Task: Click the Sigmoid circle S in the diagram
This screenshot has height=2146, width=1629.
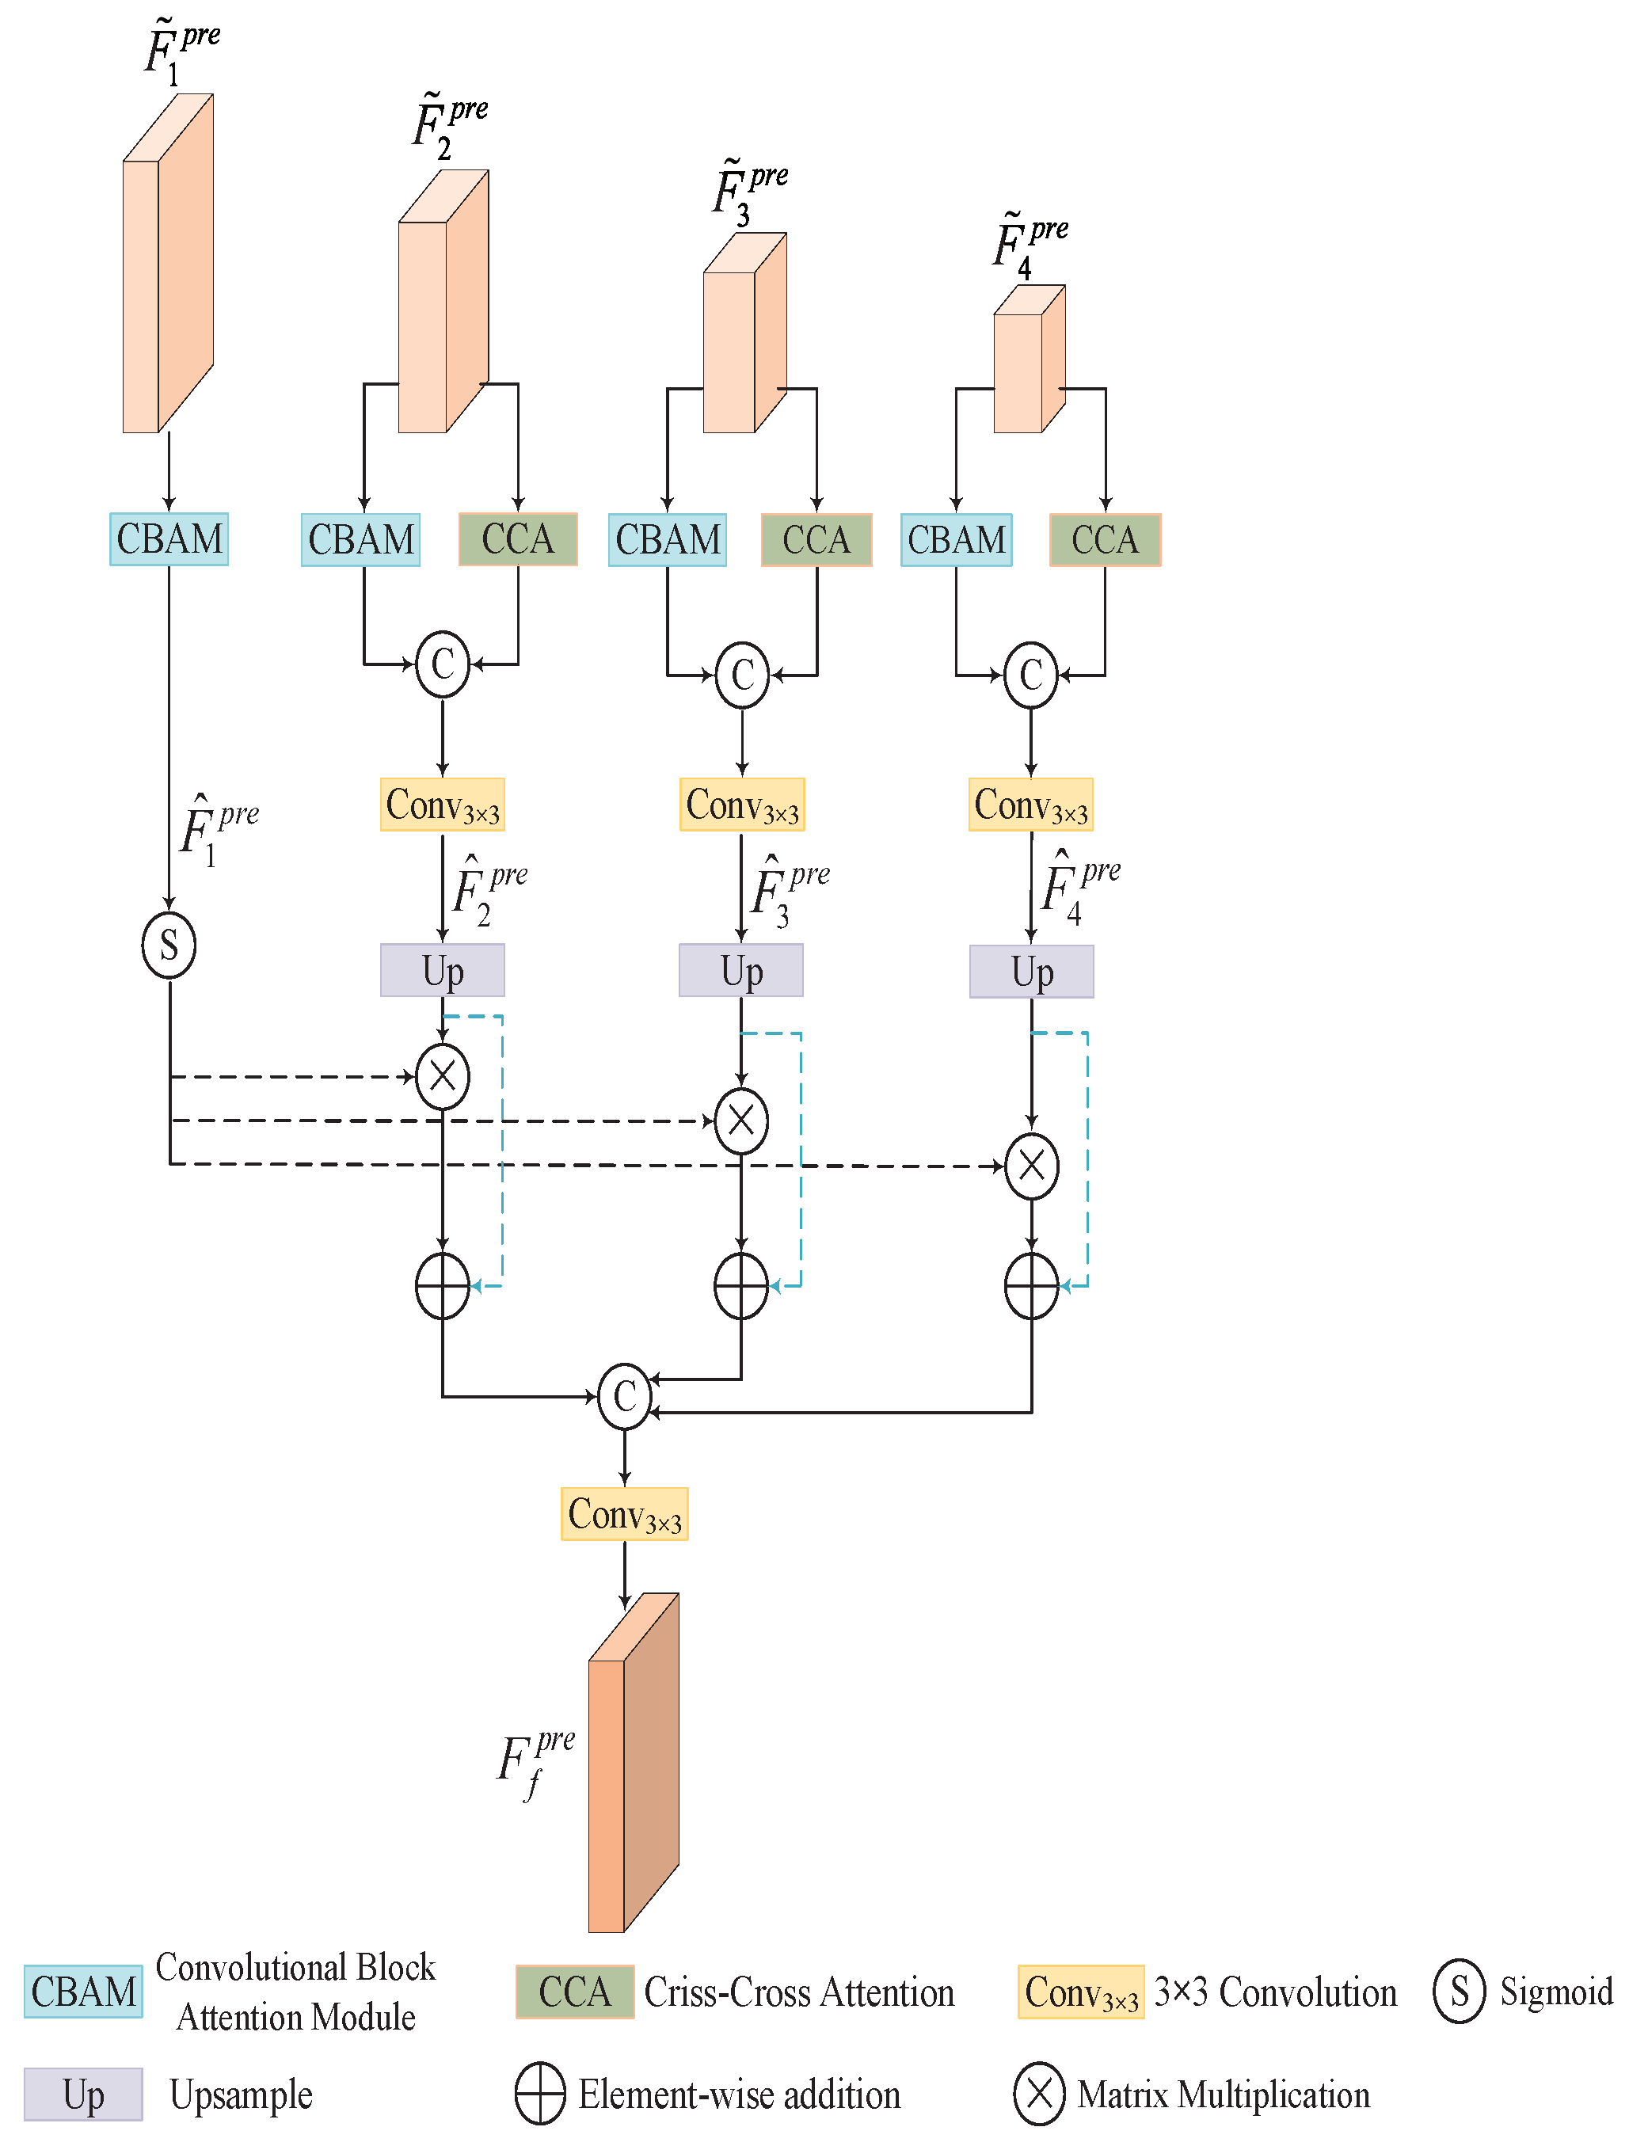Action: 169,944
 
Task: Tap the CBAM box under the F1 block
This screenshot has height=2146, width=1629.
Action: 169,538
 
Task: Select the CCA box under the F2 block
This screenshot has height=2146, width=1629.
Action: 517,538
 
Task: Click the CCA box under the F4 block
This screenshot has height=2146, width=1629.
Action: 1104,539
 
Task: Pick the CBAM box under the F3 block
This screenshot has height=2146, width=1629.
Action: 668,539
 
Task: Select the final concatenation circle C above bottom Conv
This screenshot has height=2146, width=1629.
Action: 624,1396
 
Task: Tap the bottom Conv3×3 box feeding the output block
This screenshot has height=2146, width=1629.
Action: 624,1513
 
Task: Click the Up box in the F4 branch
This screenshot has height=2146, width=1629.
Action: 1031,971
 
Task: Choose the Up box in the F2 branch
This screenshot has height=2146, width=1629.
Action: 443,970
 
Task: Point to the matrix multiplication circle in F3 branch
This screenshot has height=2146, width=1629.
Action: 741,1121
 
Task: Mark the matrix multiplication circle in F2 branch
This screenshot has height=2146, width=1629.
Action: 443,1076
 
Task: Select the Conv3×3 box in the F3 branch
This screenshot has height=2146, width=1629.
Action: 742,805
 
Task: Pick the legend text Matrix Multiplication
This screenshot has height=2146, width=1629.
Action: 1224,2095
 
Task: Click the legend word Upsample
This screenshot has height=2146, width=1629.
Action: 241,2095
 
